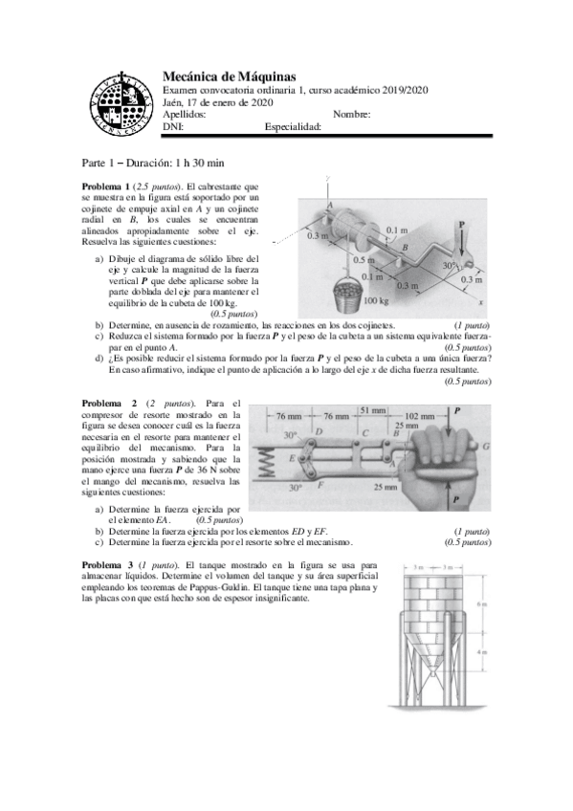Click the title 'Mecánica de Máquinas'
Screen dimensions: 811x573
click(230, 76)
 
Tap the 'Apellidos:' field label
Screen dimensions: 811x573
click(185, 115)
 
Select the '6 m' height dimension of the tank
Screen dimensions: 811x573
click(483, 604)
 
